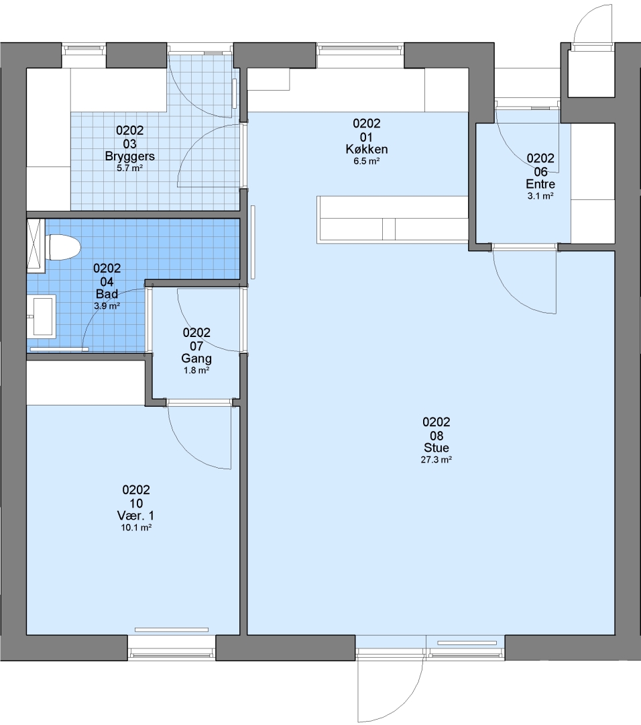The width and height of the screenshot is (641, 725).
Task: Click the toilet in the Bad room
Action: point(63,247)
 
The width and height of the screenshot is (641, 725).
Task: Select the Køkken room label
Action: point(367,149)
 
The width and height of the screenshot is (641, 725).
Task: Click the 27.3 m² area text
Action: point(436,460)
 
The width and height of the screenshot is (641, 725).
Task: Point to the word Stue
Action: point(436,448)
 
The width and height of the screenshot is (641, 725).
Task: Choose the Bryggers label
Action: point(130,156)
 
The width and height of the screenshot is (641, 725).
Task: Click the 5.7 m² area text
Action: point(130,168)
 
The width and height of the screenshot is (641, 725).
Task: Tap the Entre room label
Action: point(540,184)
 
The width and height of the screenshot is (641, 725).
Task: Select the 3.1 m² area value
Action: point(540,196)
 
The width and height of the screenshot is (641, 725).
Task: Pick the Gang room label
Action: point(196,358)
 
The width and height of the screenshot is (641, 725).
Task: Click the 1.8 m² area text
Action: point(196,371)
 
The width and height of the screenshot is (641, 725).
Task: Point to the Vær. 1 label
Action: point(135,516)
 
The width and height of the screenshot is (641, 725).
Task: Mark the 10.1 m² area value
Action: point(136,528)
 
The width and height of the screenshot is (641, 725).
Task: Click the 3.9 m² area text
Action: point(107,305)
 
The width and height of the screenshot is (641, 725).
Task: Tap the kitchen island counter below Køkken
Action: point(392,220)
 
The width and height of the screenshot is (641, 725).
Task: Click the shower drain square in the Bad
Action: point(36,246)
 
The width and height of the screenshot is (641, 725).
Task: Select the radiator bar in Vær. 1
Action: point(172,629)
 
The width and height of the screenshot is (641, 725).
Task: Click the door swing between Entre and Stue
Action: point(525,281)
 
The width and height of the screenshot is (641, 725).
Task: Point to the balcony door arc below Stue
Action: point(391,689)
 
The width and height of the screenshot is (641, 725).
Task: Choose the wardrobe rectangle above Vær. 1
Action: point(86,383)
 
